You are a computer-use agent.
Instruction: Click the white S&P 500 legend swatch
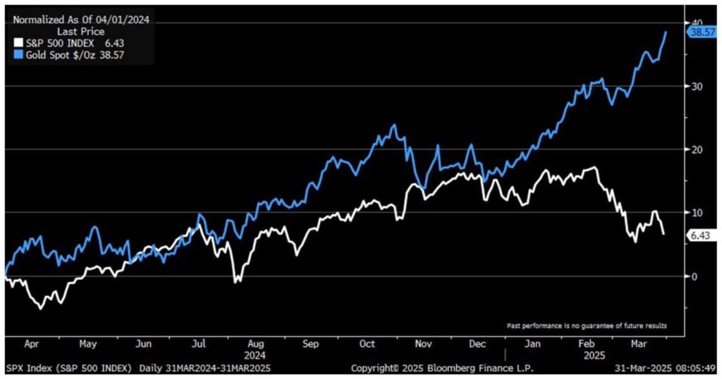(19, 42)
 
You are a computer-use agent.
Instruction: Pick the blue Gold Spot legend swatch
(19, 54)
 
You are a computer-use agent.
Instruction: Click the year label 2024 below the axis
(256, 356)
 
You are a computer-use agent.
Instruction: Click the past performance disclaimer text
(587, 325)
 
